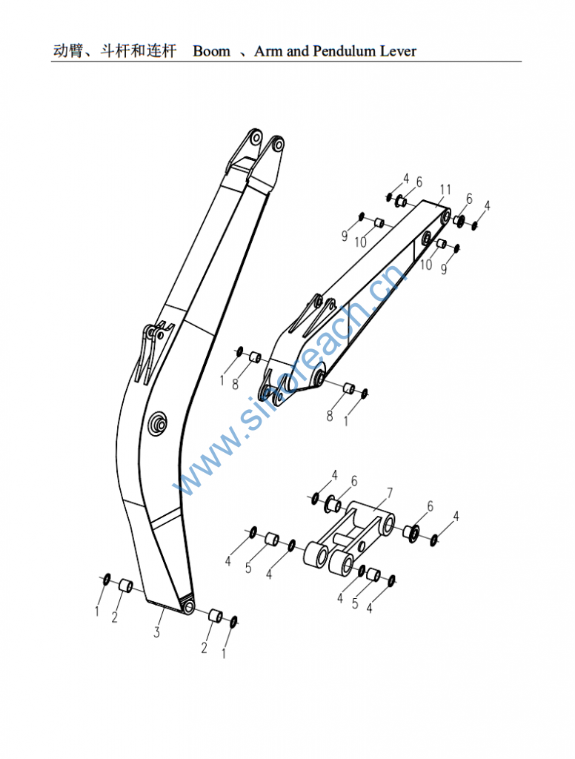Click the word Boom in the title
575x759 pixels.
click(x=211, y=51)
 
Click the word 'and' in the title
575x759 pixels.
click(x=296, y=51)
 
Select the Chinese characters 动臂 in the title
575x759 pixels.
click(x=68, y=51)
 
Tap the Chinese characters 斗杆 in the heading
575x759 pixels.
click(x=115, y=51)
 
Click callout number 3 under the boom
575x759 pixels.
click(x=156, y=632)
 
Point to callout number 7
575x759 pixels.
click(x=390, y=493)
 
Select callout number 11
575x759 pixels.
click(x=445, y=189)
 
